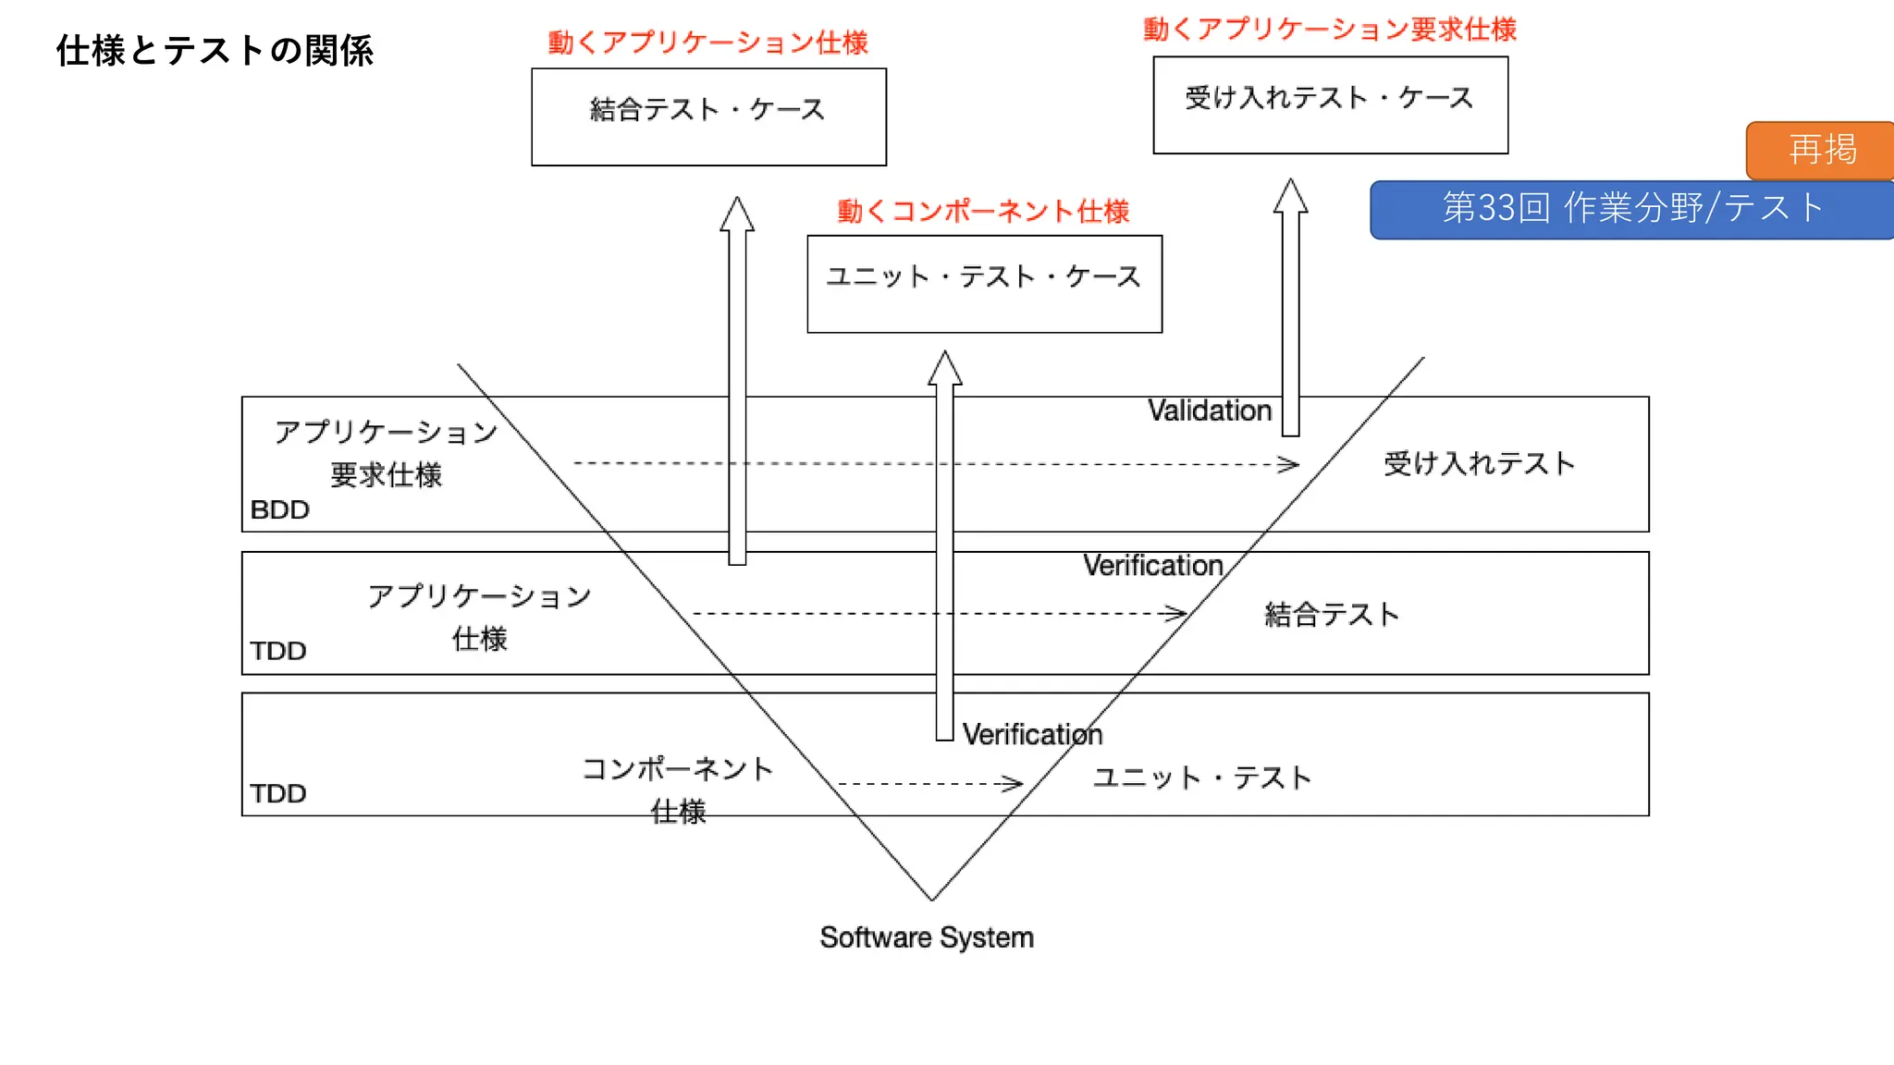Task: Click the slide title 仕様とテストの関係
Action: pyautogui.click(x=215, y=51)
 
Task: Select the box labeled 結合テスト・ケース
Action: pyautogui.click(x=708, y=116)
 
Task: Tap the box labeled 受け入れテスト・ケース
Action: pyautogui.click(x=1330, y=104)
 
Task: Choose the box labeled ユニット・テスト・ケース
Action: pyautogui.click(x=984, y=283)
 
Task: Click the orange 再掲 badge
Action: pyautogui.click(x=1820, y=150)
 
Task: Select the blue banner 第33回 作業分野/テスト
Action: pyautogui.click(x=1632, y=209)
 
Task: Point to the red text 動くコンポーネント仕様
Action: pyautogui.click(x=983, y=212)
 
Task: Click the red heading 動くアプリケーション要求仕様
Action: pyautogui.click(x=1330, y=30)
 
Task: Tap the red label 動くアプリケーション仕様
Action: pyautogui.click(x=707, y=43)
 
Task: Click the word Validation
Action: pyautogui.click(x=1210, y=410)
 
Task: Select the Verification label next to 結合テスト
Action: pyautogui.click(x=1152, y=565)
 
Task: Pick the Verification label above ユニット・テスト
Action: pyautogui.click(x=1032, y=734)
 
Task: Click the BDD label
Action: pyautogui.click(x=279, y=509)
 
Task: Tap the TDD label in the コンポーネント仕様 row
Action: pyautogui.click(x=277, y=793)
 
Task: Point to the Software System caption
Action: pyautogui.click(x=927, y=937)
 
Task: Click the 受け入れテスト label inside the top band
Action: pyautogui.click(x=1479, y=463)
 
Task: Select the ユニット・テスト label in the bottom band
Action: pyautogui.click(x=1201, y=777)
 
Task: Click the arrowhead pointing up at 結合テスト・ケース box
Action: pyautogui.click(x=737, y=214)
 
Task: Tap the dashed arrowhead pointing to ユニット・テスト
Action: pyautogui.click(x=1013, y=784)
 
